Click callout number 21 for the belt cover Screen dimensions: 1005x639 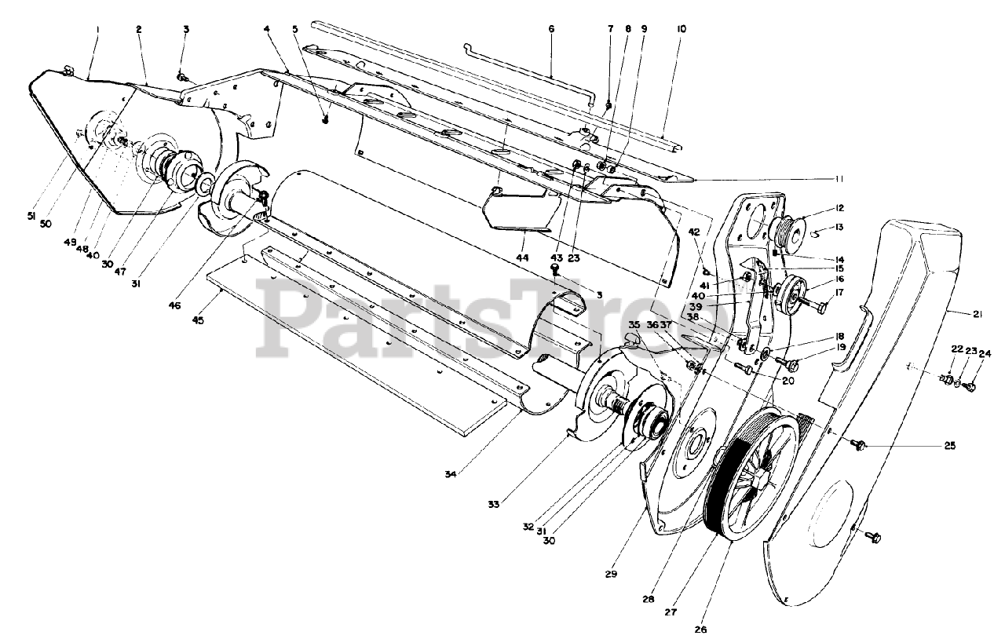(x=978, y=315)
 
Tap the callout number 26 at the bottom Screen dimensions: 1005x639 (x=700, y=630)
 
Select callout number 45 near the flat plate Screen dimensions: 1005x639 (x=198, y=320)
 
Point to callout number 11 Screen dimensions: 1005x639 (x=839, y=179)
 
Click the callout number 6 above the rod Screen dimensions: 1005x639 (x=551, y=29)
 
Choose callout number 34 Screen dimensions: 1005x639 (x=451, y=474)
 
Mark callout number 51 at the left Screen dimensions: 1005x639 (x=31, y=217)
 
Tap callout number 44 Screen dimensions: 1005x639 (x=523, y=258)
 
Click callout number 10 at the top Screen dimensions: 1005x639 (x=681, y=29)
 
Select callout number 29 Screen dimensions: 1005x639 (x=611, y=574)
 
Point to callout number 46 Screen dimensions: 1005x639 (x=174, y=305)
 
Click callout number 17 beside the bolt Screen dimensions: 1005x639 (x=839, y=293)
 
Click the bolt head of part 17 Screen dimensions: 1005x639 (x=821, y=308)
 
